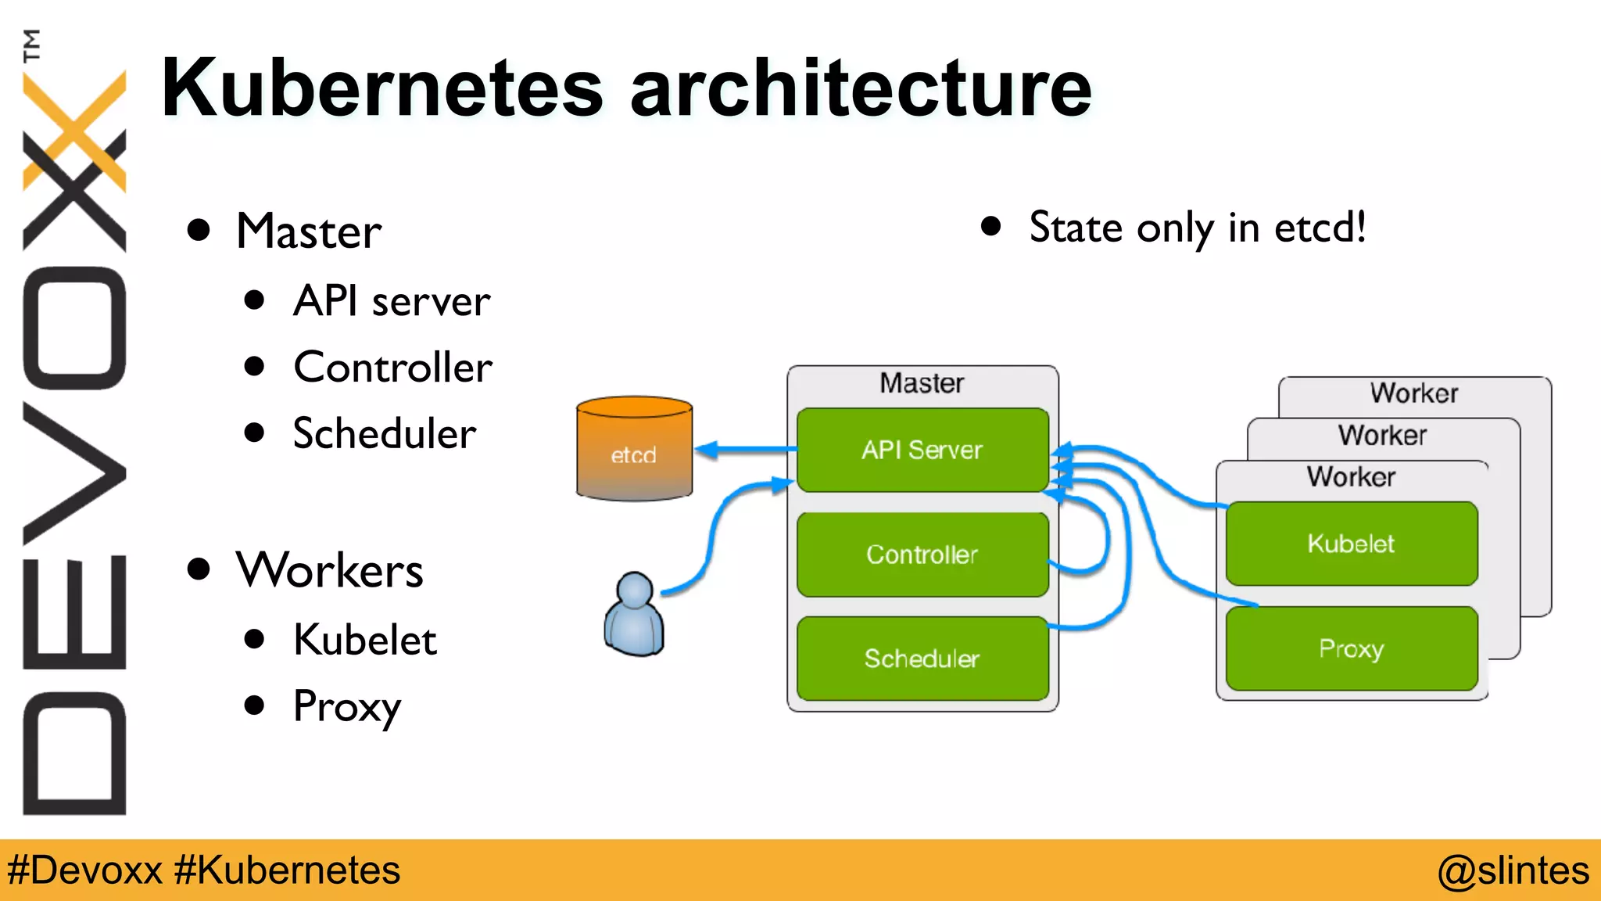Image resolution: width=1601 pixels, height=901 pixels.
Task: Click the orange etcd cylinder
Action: (634, 450)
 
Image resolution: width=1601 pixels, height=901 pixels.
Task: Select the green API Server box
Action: (922, 450)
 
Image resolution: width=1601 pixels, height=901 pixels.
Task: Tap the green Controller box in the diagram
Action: (922, 555)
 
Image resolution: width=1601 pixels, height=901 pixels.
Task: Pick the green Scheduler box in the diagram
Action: (922, 659)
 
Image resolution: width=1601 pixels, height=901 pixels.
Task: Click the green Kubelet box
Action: (1352, 544)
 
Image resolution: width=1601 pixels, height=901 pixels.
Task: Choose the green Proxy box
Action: (1352, 648)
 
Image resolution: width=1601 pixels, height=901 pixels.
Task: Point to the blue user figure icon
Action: (634, 615)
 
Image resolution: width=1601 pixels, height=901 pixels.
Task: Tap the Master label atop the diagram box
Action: (922, 383)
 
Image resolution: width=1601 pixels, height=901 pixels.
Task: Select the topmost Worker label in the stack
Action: (1414, 393)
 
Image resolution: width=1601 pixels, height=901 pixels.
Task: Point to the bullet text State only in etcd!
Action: (1197, 228)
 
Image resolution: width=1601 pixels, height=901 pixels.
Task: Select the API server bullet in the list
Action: (392, 301)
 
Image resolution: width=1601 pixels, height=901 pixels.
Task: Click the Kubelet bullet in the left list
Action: (364, 640)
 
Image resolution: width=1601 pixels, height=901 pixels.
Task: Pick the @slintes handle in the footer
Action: (1513, 870)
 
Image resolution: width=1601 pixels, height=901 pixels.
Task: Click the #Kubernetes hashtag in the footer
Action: (287, 870)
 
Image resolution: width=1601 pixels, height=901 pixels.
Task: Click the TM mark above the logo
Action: (31, 45)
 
